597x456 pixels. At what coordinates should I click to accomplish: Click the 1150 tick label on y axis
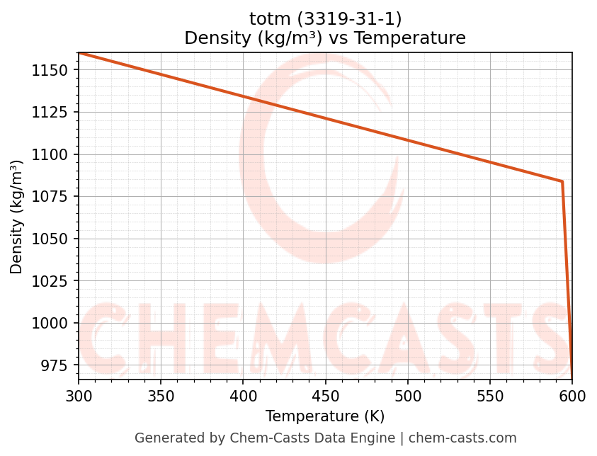49,70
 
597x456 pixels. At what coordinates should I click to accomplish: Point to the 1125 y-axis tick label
49,113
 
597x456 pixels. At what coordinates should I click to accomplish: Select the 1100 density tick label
49,154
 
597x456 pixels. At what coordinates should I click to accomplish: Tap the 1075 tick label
49,197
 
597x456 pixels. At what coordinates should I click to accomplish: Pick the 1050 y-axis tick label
49,239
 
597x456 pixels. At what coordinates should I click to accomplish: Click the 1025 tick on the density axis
49,281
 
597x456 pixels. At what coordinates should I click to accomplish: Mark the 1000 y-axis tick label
49,323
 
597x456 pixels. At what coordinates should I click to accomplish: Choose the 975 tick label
53,365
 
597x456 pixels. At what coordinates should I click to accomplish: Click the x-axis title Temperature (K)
325,416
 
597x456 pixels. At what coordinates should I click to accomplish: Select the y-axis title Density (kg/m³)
17,217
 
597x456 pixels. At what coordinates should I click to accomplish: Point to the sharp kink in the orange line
562,181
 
